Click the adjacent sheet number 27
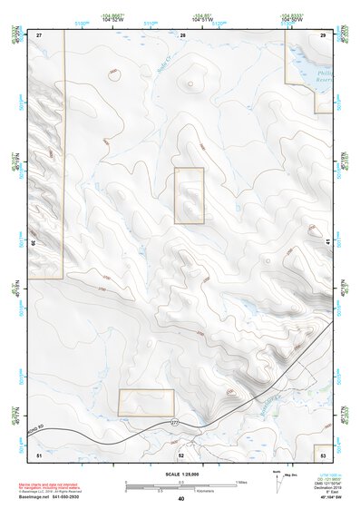(x=40, y=34)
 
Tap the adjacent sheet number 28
(x=182, y=34)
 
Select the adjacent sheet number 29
(x=324, y=34)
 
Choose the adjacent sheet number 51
(x=39, y=454)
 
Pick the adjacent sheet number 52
(x=181, y=455)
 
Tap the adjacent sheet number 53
(x=324, y=451)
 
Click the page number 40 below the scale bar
(x=181, y=499)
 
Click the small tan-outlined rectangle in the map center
(x=190, y=195)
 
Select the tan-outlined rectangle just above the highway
(x=146, y=403)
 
